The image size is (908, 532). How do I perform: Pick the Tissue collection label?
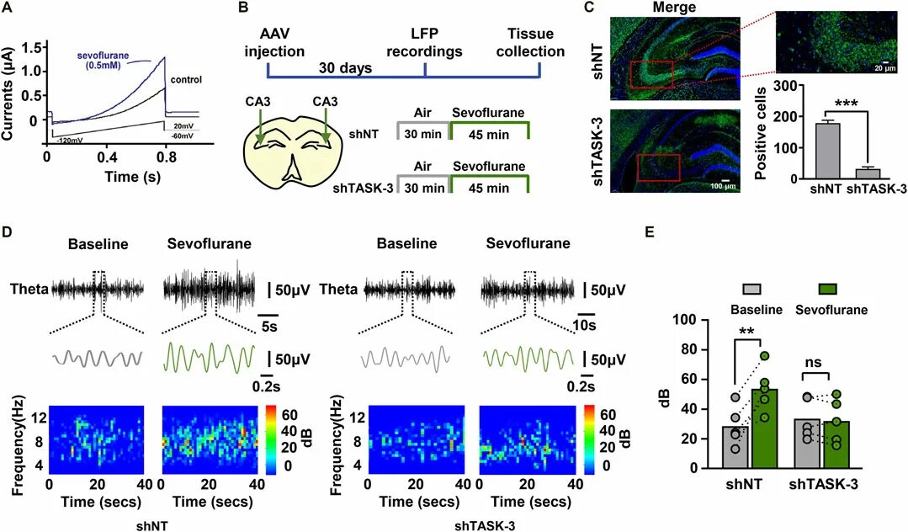[530, 41]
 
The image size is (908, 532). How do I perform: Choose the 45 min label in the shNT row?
[489, 133]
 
